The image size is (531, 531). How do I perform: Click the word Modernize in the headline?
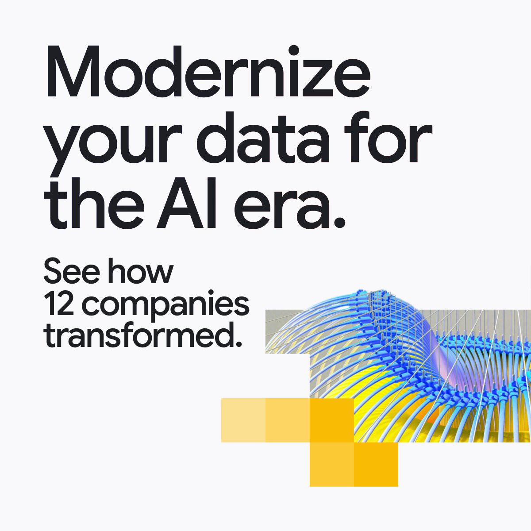point(208,71)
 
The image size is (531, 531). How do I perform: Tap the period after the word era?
point(339,222)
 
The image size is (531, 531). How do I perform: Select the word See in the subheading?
point(72,271)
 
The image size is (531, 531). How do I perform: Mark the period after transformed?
point(239,344)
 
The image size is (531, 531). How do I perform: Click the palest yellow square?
point(243,420)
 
